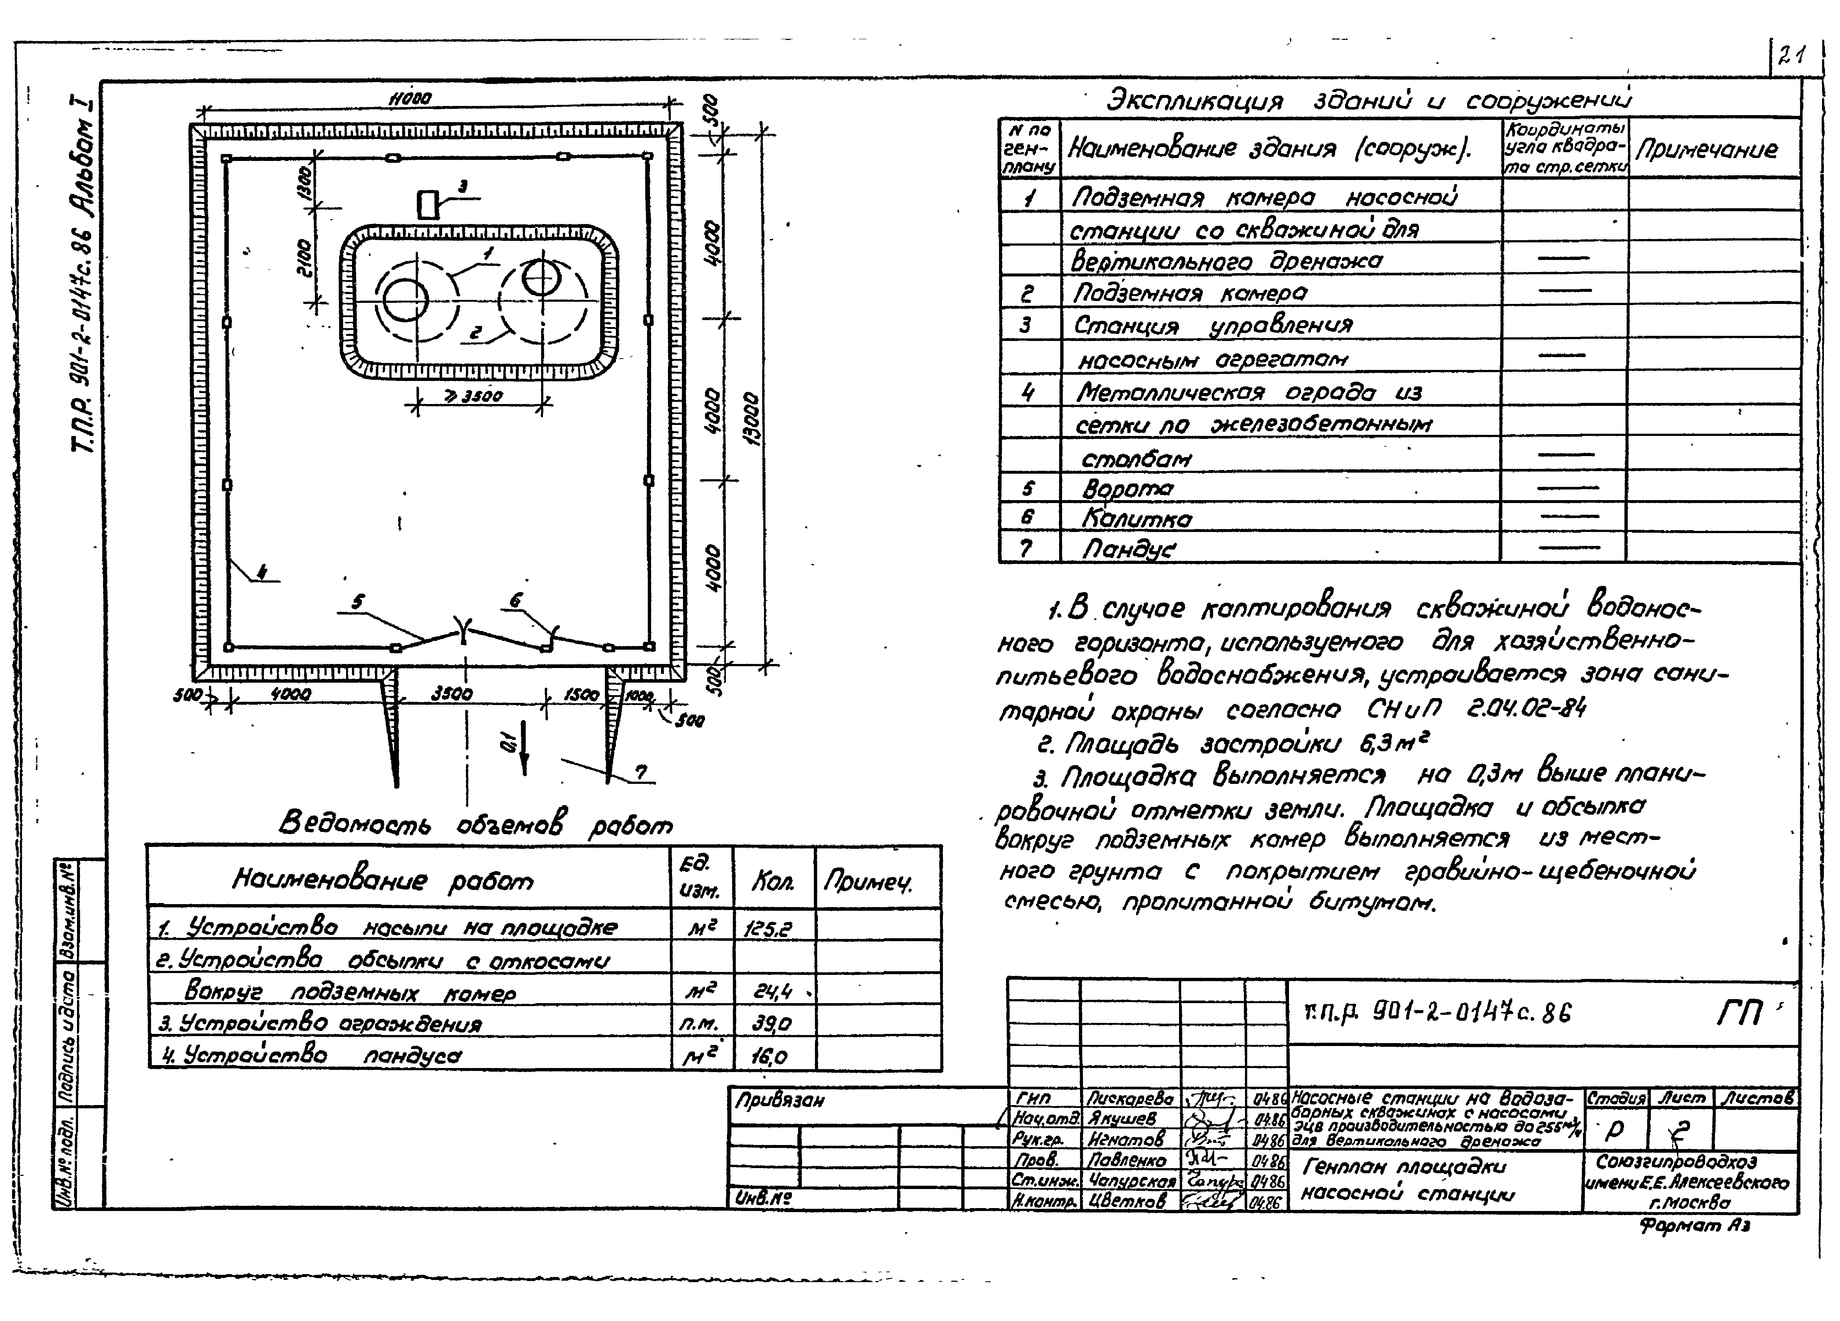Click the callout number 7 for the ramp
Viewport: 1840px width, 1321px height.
(641, 772)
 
